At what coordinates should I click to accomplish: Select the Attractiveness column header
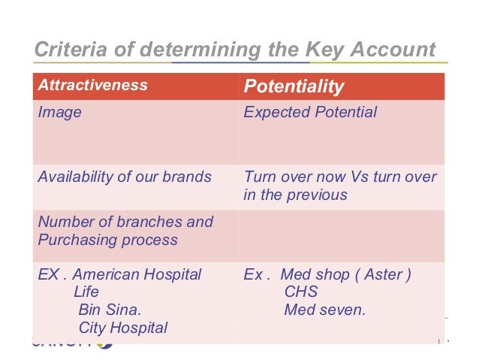[92, 85]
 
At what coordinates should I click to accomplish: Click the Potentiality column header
[294, 86]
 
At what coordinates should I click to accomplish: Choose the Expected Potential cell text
[310, 113]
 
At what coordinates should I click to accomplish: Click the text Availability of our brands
[124, 177]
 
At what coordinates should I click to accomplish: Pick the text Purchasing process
[107, 241]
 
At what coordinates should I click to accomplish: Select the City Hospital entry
[122, 327]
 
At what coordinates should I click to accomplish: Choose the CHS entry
[301, 292]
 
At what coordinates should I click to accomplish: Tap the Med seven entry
[324, 309]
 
